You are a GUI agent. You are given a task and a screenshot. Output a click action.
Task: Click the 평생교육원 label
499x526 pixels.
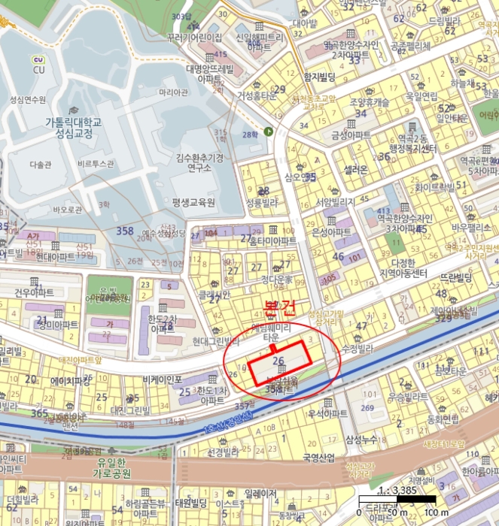193,203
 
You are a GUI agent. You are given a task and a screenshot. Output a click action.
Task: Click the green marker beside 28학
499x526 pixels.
269,131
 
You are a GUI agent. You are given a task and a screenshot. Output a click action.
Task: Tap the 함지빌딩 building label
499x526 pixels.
318,77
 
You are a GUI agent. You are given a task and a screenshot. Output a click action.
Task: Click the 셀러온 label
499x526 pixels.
354,171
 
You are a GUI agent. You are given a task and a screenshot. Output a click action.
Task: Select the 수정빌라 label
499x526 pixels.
357,348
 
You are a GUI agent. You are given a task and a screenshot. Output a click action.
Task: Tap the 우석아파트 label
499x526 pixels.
326,413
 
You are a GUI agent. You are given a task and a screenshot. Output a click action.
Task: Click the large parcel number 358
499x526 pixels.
125,230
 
